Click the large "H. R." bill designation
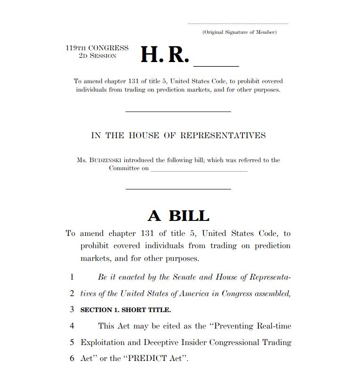click(165, 55)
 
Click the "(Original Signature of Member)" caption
click(240, 32)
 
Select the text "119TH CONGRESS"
click(97, 48)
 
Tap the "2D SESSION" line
click(97, 55)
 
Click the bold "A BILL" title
click(178, 216)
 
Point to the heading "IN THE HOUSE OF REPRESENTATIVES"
click(178, 135)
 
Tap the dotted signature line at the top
click(238, 24)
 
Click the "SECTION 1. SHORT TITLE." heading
click(126, 310)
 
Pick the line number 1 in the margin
click(72, 277)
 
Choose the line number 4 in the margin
click(72, 326)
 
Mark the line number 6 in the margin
click(72, 358)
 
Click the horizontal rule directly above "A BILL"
click(178, 189)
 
